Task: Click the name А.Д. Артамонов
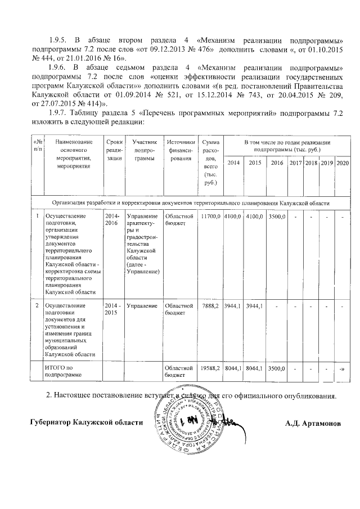click(x=313, y=422)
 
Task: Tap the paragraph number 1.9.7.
click(x=59, y=113)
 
